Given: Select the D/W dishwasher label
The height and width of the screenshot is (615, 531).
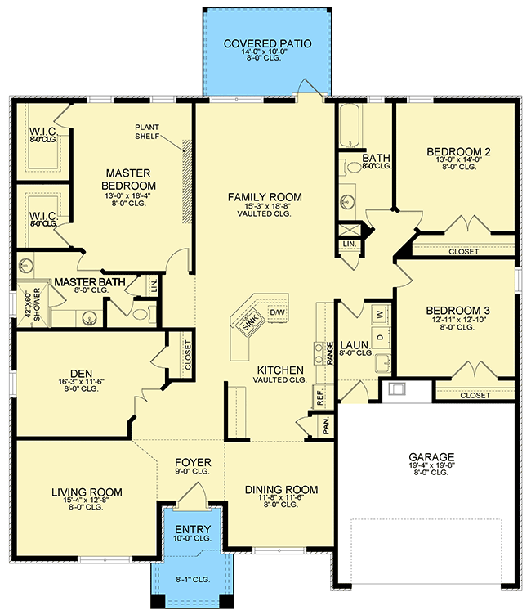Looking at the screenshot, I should [276, 313].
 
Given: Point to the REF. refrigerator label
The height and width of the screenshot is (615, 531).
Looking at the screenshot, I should [319, 396].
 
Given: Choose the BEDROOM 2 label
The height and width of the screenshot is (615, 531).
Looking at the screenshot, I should [458, 152].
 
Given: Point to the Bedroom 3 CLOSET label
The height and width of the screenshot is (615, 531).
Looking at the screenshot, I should [475, 395].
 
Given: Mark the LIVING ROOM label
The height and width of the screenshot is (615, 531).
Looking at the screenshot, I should [87, 492].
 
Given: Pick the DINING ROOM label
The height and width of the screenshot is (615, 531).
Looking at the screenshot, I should [281, 489].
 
